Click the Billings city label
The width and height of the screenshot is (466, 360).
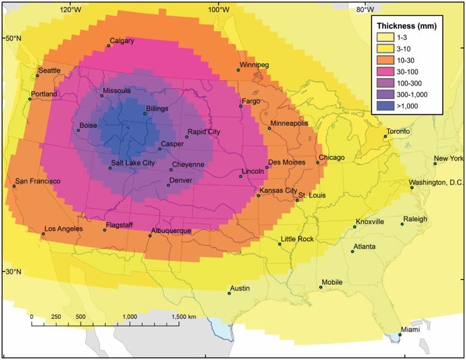[x=157, y=109]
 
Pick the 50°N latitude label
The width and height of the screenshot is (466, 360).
[x=13, y=38]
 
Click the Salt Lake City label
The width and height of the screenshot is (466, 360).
[x=133, y=163]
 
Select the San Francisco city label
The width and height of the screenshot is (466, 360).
[x=38, y=181]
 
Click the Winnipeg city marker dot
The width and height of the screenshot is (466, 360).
[x=238, y=70]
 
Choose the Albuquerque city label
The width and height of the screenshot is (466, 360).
[x=171, y=231]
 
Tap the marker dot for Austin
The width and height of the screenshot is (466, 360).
[x=229, y=294]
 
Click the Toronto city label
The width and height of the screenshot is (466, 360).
[x=398, y=132]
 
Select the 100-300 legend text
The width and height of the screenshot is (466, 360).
[x=410, y=83]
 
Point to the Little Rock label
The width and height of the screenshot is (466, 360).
[x=297, y=239]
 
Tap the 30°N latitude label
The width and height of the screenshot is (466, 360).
[x=13, y=271]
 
